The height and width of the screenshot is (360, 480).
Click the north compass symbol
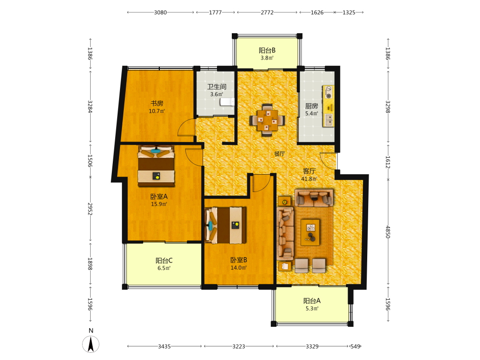pos(91,344)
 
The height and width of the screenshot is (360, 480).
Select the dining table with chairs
pos(267,120)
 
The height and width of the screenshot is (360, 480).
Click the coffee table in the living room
pos(310,232)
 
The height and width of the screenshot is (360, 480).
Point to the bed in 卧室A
pos(156,166)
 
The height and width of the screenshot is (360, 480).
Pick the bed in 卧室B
pos(226,225)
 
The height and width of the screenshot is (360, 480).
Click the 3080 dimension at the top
pos(160,12)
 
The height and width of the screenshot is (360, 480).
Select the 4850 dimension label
pos(388,232)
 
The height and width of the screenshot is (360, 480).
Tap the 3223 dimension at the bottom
pos(239,347)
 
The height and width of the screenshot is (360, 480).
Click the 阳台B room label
pos(267,50)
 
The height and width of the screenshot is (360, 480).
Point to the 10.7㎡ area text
pos(157,111)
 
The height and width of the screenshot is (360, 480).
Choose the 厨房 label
pos(312,106)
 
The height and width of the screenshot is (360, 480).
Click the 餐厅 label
pos(279,154)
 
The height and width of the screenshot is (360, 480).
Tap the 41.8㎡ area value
pos(309,179)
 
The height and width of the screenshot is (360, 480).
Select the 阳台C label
pos(164,261)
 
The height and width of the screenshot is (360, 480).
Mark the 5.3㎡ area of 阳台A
pos(312,309)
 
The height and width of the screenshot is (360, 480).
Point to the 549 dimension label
pos(355,347)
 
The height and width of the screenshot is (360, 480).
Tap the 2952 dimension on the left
pos(90,209)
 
